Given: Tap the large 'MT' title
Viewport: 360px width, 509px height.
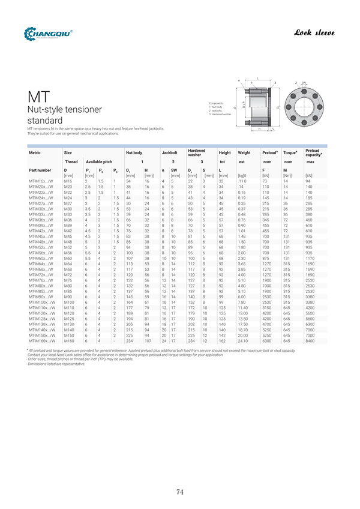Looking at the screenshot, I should tap(39, 98).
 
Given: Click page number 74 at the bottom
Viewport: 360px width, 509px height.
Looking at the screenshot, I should tap(180, 492).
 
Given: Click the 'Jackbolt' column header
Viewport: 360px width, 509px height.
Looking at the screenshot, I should tap(169, 153).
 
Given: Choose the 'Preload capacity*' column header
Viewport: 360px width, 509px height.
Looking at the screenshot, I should tap(313, 153).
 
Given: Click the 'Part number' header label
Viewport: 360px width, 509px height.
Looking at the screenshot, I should tap(40, 171).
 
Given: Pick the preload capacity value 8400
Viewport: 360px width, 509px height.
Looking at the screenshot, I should tap(309, 340).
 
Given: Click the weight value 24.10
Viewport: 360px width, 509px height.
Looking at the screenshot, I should tap(243, 340).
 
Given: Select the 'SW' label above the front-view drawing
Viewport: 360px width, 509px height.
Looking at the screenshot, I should tap(304, 82).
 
